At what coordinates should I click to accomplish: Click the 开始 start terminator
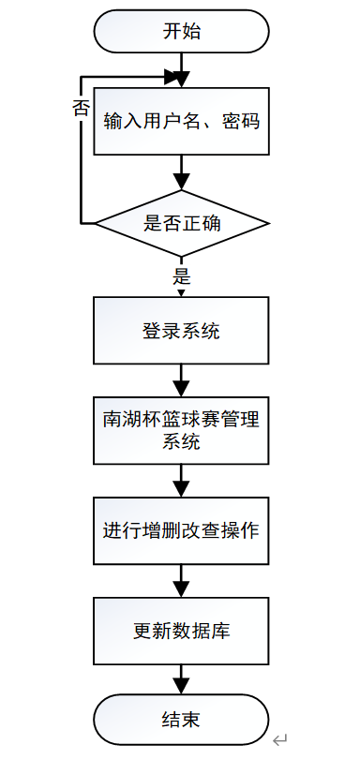coord(182,31)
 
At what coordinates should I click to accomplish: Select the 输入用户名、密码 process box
coord(182,121)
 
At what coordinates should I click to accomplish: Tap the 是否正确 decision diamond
coord(182,223)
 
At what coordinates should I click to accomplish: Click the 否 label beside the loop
coord(82,107)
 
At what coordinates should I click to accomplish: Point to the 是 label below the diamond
coord(182,276)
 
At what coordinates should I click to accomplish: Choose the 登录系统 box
coord(182,331)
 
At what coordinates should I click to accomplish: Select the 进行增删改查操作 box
coord(182,529)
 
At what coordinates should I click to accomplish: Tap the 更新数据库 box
coord(182,630)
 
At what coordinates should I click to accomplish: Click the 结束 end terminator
coord(182,720)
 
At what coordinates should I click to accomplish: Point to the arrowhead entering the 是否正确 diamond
coord(182,183)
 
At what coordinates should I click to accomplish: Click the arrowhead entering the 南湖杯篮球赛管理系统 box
coord(182,390)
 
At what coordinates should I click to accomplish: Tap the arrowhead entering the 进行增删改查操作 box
coord(182,490)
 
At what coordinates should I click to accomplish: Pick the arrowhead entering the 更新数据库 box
coord(182,589)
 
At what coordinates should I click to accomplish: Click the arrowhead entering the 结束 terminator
coord(182,687)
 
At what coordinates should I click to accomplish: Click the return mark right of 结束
coord(278,740)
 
